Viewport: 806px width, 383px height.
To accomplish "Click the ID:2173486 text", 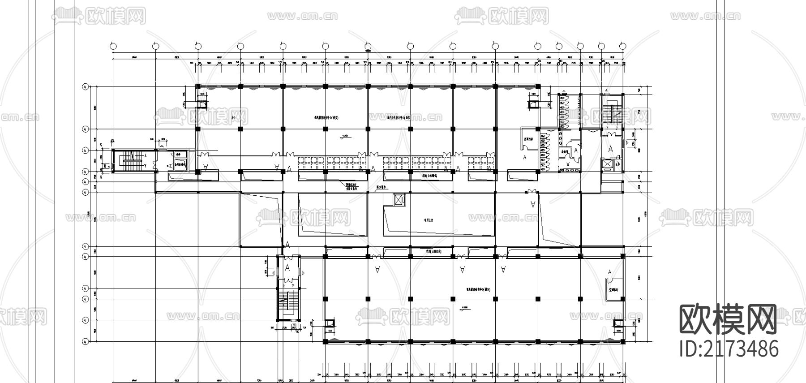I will tap(728, 349).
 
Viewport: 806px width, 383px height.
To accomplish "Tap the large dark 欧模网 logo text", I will tap(728, 319).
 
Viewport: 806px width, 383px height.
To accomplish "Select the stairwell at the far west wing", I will tap(132, 161).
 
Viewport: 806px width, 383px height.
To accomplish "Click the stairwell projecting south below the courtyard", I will tap(287, 305).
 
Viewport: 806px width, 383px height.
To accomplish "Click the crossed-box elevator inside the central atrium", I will tap(398, 200).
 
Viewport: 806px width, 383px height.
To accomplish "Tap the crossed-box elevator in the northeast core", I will tap(607, 164).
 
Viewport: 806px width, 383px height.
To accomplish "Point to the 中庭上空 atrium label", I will tap(430, 220).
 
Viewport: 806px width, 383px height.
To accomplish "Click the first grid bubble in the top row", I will tap(113, 46).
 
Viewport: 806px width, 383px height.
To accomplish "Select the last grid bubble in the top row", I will tap(622, 46).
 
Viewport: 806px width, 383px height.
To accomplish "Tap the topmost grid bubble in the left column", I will tap(85, 86).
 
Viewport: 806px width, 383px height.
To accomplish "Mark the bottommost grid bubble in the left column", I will tap(85, 342).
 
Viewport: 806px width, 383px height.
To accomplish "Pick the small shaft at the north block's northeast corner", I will tap(533, 105).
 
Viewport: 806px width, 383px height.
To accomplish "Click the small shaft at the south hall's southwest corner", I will tap(330, 323).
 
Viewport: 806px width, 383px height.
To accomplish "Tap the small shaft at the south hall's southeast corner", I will tap(617, 323).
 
